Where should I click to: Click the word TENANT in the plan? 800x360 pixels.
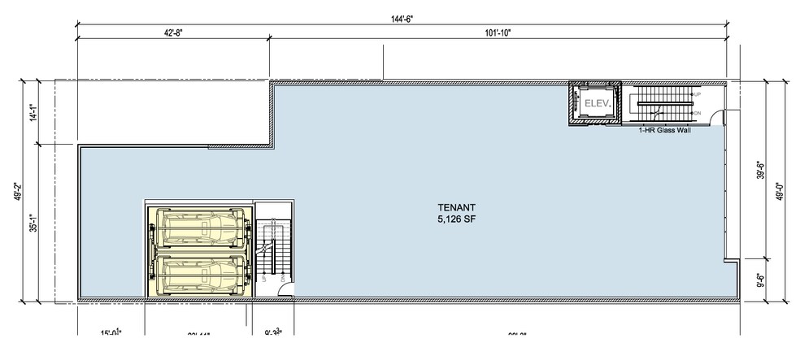pos(455,207)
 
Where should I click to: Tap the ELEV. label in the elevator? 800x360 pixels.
pos(593,103)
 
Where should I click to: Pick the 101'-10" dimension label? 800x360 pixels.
pos(497,33)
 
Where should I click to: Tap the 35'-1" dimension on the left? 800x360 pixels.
pos(32,223)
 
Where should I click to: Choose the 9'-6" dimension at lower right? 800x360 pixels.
pos(762,281)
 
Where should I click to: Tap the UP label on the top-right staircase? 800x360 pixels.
pos(697,95)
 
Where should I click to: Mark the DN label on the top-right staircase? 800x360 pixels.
pos(697,111)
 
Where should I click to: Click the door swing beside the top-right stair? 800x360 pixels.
pos(718,118)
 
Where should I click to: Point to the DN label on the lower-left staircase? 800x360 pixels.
pos(282,278)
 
